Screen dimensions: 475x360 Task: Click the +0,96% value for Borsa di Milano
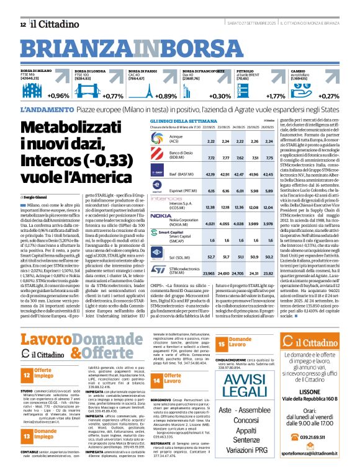click(x=57, y=96)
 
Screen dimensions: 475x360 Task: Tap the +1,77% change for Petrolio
click(x=275, y=96)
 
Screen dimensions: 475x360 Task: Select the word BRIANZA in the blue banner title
click(x=66, y=49)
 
